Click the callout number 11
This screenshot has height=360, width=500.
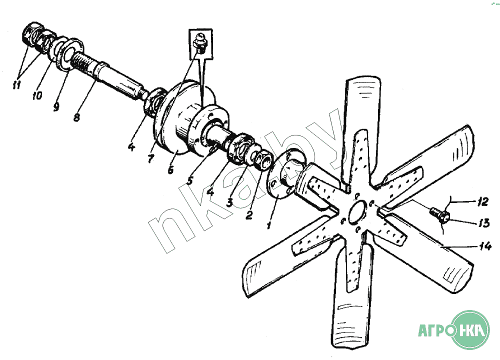pos(16,84)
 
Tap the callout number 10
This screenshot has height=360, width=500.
pos(37,95)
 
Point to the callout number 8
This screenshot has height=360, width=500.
pos(76,117)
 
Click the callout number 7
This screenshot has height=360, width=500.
pos(151,158)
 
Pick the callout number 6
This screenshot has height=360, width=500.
pos(170,169)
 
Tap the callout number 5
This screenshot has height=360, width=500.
pos(189,181)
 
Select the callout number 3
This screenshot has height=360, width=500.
pos(230,202)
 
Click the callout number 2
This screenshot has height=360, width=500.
pos(249,214)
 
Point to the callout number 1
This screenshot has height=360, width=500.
pos(269,225)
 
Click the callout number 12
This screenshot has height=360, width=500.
pos(483,202)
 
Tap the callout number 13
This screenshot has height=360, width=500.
pos(483,222)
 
